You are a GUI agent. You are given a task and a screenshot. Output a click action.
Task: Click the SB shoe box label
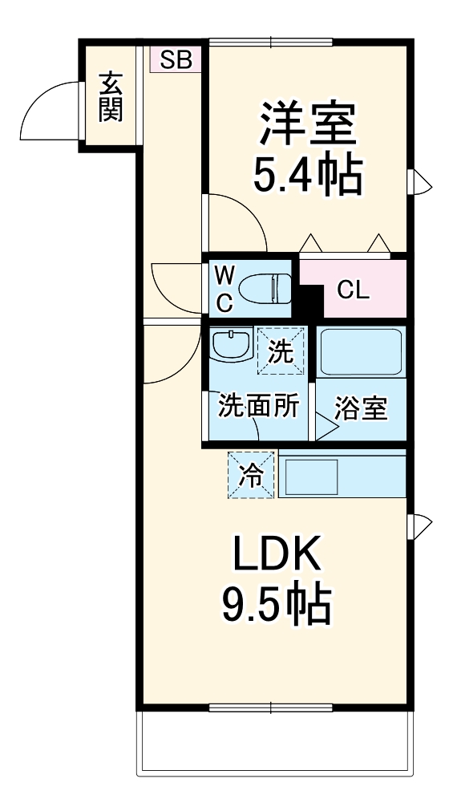[176, 59]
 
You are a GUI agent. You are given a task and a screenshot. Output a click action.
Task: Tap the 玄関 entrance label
[111, 97]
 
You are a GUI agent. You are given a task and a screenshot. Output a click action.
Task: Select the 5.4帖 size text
[306, 175]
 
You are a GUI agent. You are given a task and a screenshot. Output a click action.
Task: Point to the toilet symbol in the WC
[265, 287]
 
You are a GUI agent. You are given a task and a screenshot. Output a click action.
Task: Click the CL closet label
[354, 292]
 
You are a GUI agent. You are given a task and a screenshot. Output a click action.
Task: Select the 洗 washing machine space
[281, 351]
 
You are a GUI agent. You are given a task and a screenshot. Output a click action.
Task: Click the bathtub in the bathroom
[361, 352]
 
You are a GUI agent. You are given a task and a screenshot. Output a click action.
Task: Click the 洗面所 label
[258, 406]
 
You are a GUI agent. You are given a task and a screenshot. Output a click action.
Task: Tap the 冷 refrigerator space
[251, 475]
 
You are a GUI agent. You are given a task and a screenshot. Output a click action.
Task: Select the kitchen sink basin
[313, 476]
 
